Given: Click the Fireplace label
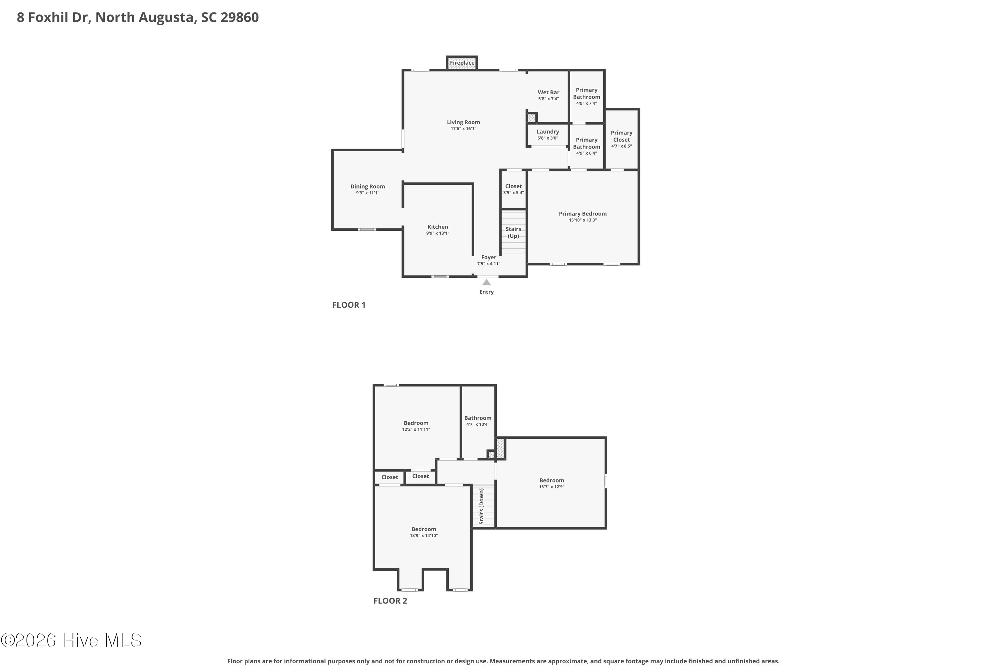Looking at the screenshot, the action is coord(462,63).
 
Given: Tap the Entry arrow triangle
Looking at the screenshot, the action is coord(486,282).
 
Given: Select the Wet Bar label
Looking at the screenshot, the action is coord(548,93).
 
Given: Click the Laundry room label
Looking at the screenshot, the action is coord(547,132).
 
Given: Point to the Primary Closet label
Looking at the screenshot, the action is coord(621,136).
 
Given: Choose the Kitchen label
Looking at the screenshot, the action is coord(438,227).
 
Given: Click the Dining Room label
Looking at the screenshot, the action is coord(367,187).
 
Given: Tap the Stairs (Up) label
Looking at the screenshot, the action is coord(513,233).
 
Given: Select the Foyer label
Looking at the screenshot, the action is coord(488,257).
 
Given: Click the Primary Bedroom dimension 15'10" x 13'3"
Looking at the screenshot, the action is coord(582,220).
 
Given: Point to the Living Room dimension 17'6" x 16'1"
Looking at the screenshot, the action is coord(463,129).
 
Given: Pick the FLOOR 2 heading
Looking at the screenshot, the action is coord(390,601).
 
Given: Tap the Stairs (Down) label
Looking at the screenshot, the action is coord(481,506).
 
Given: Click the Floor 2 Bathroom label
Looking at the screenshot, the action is coord(478,418).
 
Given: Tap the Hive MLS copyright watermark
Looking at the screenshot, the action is coord(71,640).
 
